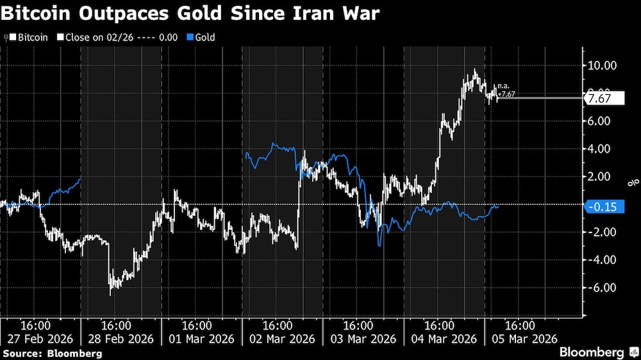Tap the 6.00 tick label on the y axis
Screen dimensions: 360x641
602,121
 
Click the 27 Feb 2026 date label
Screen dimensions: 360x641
39,338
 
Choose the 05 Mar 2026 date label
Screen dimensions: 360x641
523,338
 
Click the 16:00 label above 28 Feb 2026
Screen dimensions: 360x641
121,325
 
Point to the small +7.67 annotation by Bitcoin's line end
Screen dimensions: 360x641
506,94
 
